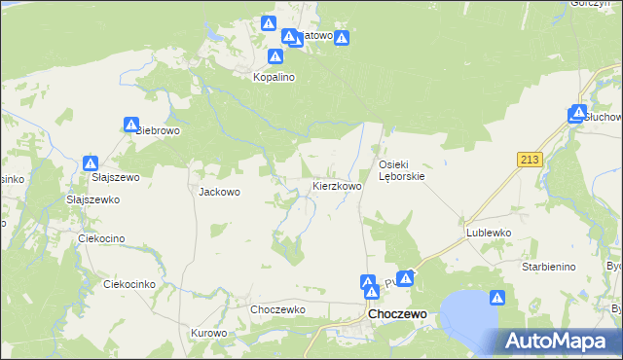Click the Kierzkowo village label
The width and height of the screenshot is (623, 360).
(x=337, y=185)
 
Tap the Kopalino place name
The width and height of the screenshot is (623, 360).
(x=274, y=76)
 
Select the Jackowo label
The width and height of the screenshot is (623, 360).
(x=219, y=192)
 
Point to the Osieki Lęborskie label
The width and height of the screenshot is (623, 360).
(x=401, y=170)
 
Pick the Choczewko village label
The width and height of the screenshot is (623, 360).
(x=278, y=309)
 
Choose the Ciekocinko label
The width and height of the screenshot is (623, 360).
(x=129, y=284)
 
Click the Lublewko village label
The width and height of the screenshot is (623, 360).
(x=489, y=234)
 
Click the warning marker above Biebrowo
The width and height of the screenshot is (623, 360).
(x=131, y=124)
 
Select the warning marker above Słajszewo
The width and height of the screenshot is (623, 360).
(x=91, y=163)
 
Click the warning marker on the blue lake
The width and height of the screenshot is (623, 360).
(x=496, y=298)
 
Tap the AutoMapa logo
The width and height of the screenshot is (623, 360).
(x=563, y=341)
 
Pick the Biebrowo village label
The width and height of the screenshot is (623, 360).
(x=157, y=130)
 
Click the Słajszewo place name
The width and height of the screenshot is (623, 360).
(x=116, y=177)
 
